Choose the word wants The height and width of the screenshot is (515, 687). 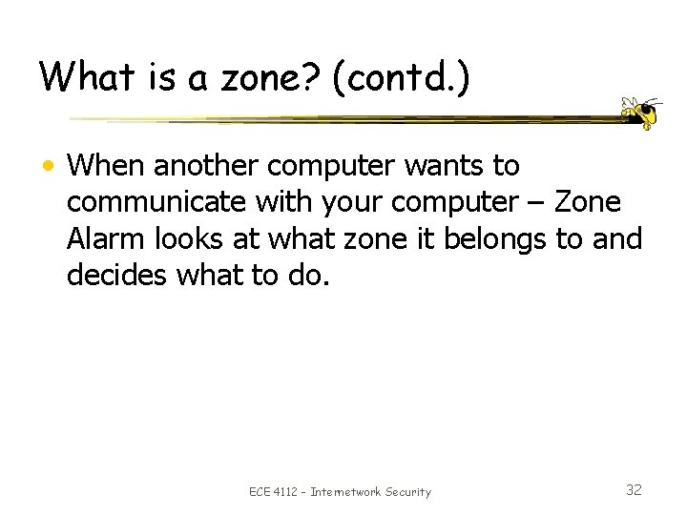[x=451, y=167]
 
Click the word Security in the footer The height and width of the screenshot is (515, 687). [x=409, y=492]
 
